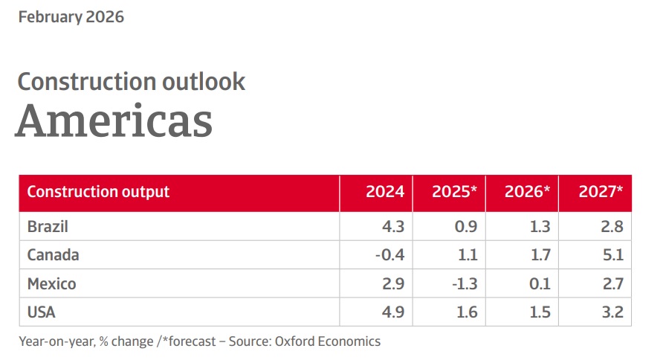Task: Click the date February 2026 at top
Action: [x=71, y=16]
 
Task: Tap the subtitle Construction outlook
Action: [x=131, y=81]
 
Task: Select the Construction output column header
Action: [x=98, y=192]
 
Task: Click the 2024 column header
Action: [x=385, y=192]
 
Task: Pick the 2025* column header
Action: [x=454, y=192]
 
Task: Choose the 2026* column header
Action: [x=527, y=192]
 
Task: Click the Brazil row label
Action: [x=48, y=227]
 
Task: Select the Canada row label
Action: [x=53, y=255]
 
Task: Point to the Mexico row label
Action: [x=51, y=284]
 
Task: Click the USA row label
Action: [x=42, y=312]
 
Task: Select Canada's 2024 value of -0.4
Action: [x=389, y=255]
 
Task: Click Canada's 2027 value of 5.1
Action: [x=614, y=255]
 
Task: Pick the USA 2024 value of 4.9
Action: [x=393, y=312]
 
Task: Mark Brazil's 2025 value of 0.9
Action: [x=466, y=227]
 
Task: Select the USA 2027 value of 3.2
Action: [x=613, y=312]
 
